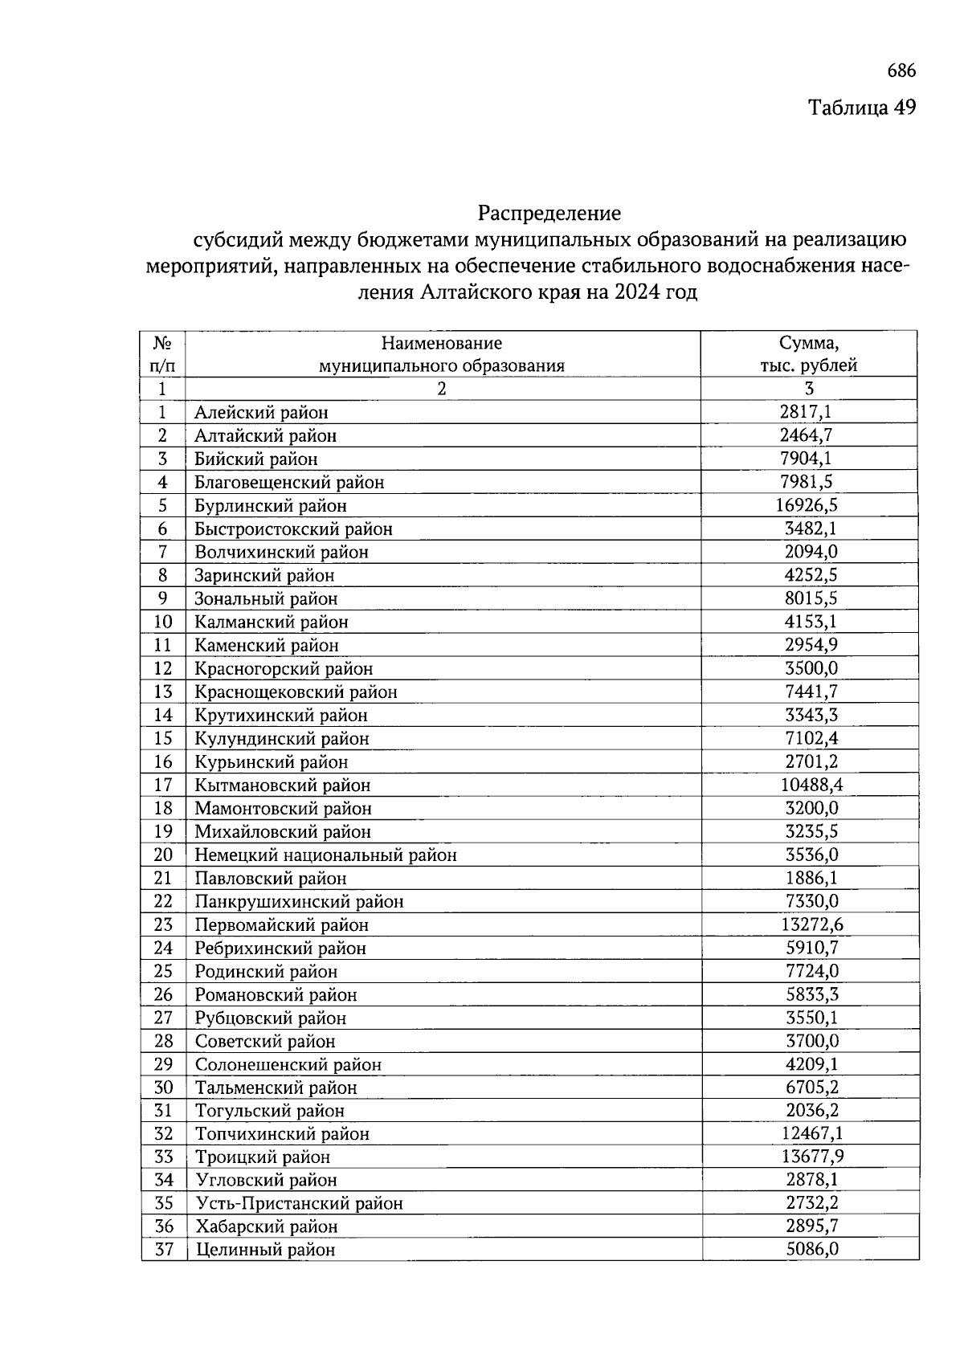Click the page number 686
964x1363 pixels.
[x=901, y=71]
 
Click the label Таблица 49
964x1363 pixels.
[x=861, y=108]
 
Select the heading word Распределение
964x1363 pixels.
[x=549, y=214]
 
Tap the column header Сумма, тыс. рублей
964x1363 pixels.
[x=809, y=354]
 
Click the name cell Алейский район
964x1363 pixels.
[x=261, y=413]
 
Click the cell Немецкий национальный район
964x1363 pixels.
[x=325, y=855]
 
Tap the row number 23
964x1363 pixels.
[x=163, y=924]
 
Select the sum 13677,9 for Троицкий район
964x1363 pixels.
[x=812, y=1157]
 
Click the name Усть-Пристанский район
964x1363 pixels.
[x=298, y=1203]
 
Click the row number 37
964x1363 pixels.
[x=164, y=1250]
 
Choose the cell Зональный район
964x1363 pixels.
[x=266, y=599]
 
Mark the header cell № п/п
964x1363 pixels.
[x=162, y=354]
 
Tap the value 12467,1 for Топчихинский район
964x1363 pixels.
[x=812, y=1133]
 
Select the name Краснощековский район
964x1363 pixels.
[x=296, y=692]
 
